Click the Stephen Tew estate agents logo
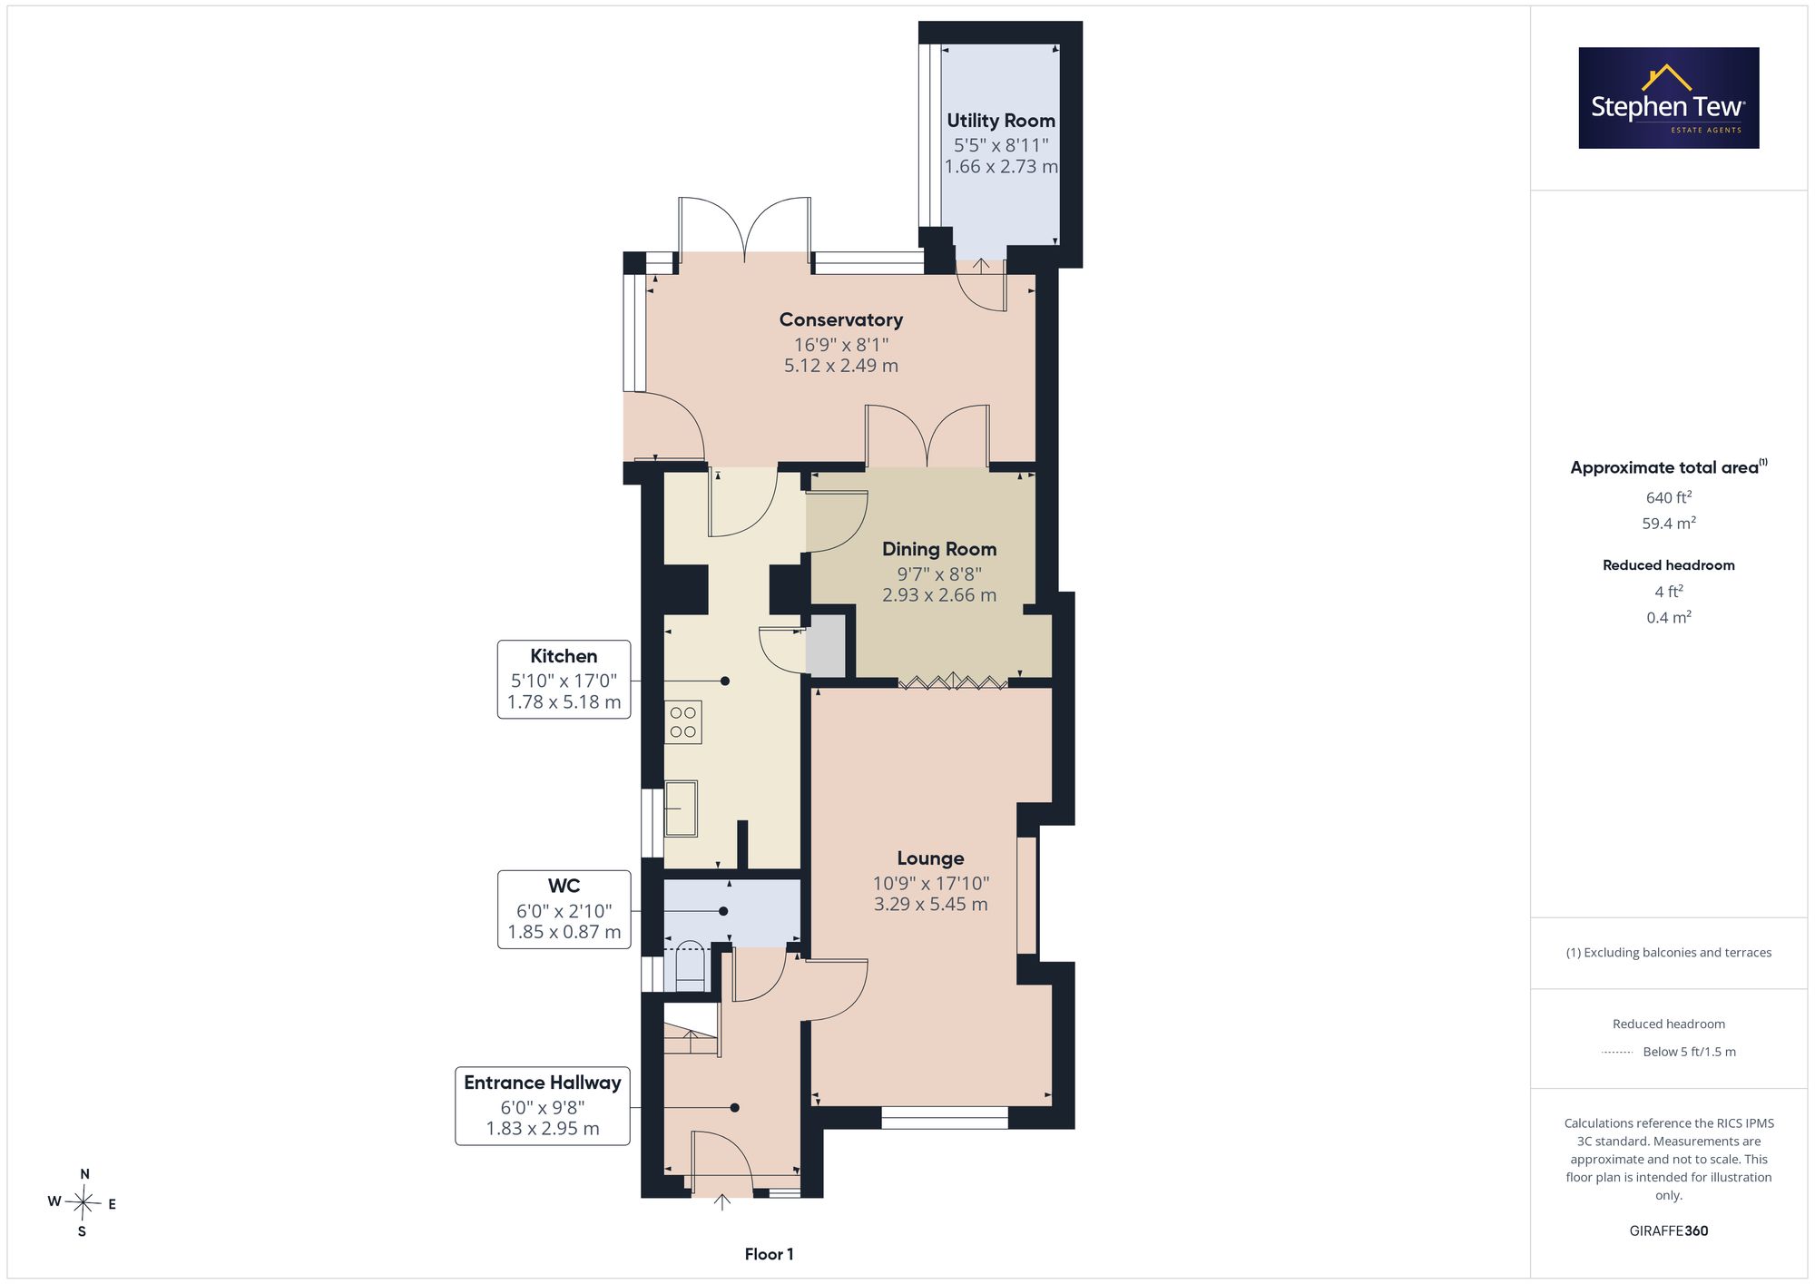pos(1669,98)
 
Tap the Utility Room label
pos(1001,121)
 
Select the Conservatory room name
pos(841,319)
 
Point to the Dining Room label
pos(939,549)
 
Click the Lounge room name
pos(930,858)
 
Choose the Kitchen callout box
pos(564,680)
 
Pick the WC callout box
pos(564,909)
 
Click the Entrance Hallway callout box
pos(543,1105)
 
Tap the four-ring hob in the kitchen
pos(682,722)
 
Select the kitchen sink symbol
pos(681,809)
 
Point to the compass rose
pos(83,1203)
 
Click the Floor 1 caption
pos(769,1254)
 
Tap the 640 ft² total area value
pos(1669,497)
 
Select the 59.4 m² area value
pos(1669,524)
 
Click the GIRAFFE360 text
pos(1669,1231)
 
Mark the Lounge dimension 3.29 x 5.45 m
pos(930,904)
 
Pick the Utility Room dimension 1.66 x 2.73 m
pos(1001,167)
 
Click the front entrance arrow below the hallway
pos(722,1202)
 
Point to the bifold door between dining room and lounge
pos(953,681)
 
